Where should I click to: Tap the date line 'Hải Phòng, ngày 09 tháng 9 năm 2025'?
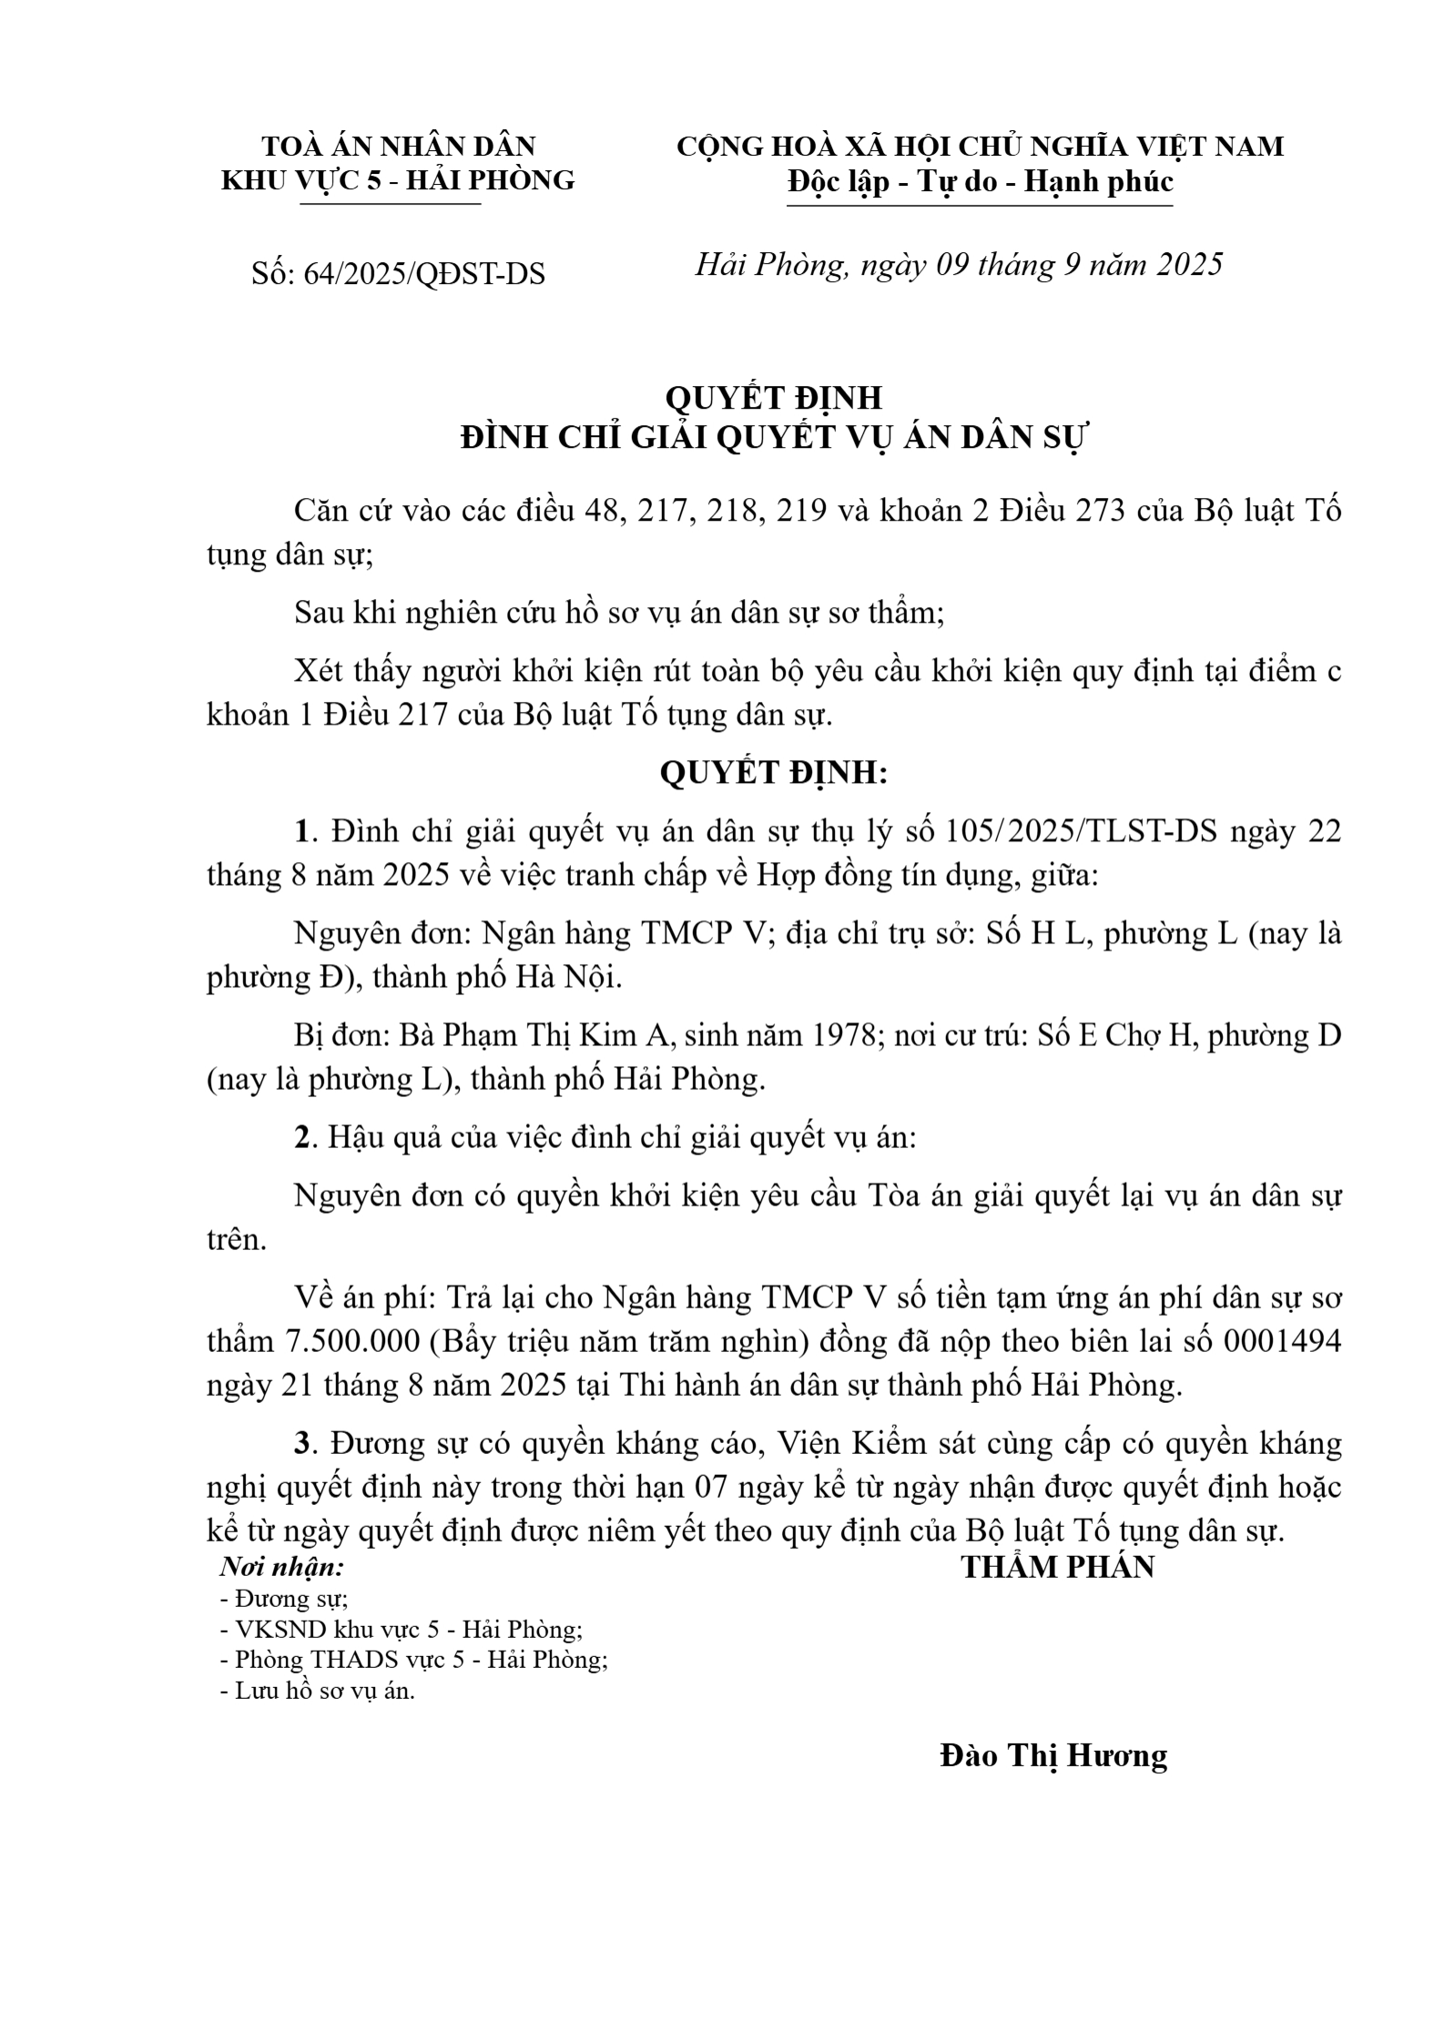(x=959, y=264)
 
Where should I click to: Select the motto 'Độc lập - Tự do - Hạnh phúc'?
(x=981, y=181)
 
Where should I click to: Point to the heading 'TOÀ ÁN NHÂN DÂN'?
(x=399, y=146)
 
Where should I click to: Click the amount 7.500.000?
(x=343, y=1341)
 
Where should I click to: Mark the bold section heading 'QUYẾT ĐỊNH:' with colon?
(x=773, y=772)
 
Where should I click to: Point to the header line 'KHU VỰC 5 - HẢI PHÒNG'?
(x=399, y=180)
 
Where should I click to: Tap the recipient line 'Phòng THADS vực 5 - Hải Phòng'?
(x=421, y=1660)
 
